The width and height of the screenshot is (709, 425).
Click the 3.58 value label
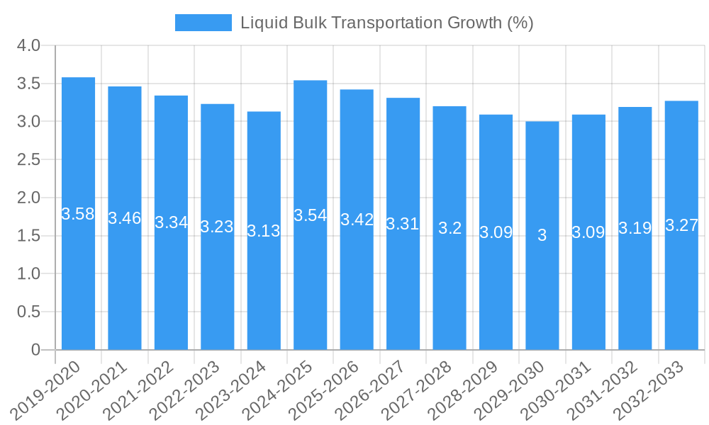(78, 214)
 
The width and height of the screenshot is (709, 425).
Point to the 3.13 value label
(264, 231)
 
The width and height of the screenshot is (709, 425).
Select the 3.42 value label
(357, 220)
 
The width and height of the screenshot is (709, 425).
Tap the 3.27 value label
(681, 225)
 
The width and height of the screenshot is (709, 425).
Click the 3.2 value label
(450, 228)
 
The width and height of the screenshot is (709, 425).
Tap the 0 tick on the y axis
(36, 350)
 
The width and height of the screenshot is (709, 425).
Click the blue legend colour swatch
(203, 23)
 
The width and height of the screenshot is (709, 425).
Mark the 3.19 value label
(635, 228)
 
